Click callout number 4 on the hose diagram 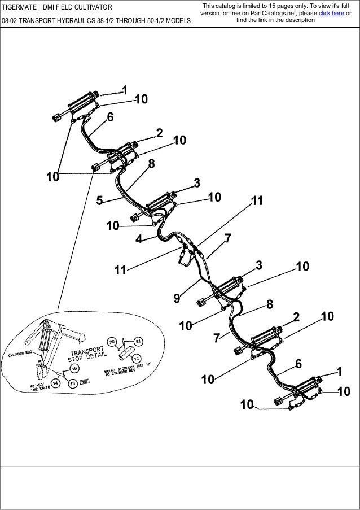[x=139, y=239]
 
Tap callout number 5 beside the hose [x=100, y=199]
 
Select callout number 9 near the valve [x=177, y=298]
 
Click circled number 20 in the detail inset [x=112, y=342]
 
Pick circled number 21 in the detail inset [x=139, y=341]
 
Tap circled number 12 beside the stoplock [x=137, y=361]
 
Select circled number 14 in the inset [x=55, y=383]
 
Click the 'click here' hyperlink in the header [x=331, y=13]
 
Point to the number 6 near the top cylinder [x=110, y=117]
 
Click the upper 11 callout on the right [x=257, y=200]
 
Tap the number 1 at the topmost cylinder [x=124, y=90]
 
